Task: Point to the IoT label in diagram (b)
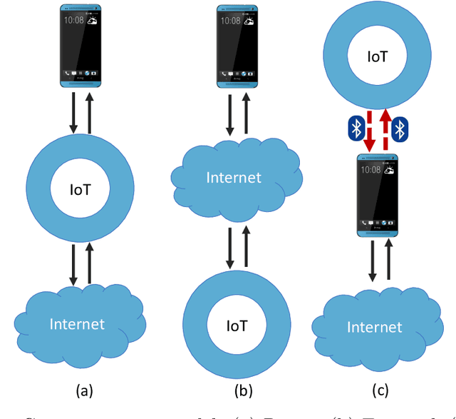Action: click(237, 325)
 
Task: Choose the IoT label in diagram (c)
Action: click(378, 56)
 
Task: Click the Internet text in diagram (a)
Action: click(77, 324)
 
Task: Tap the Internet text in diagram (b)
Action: click(234, 177)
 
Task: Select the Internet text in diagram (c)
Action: click(374, 328)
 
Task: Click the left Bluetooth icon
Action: click(356, 128)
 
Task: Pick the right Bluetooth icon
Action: click(400, 128)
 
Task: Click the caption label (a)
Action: click(84, 390)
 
